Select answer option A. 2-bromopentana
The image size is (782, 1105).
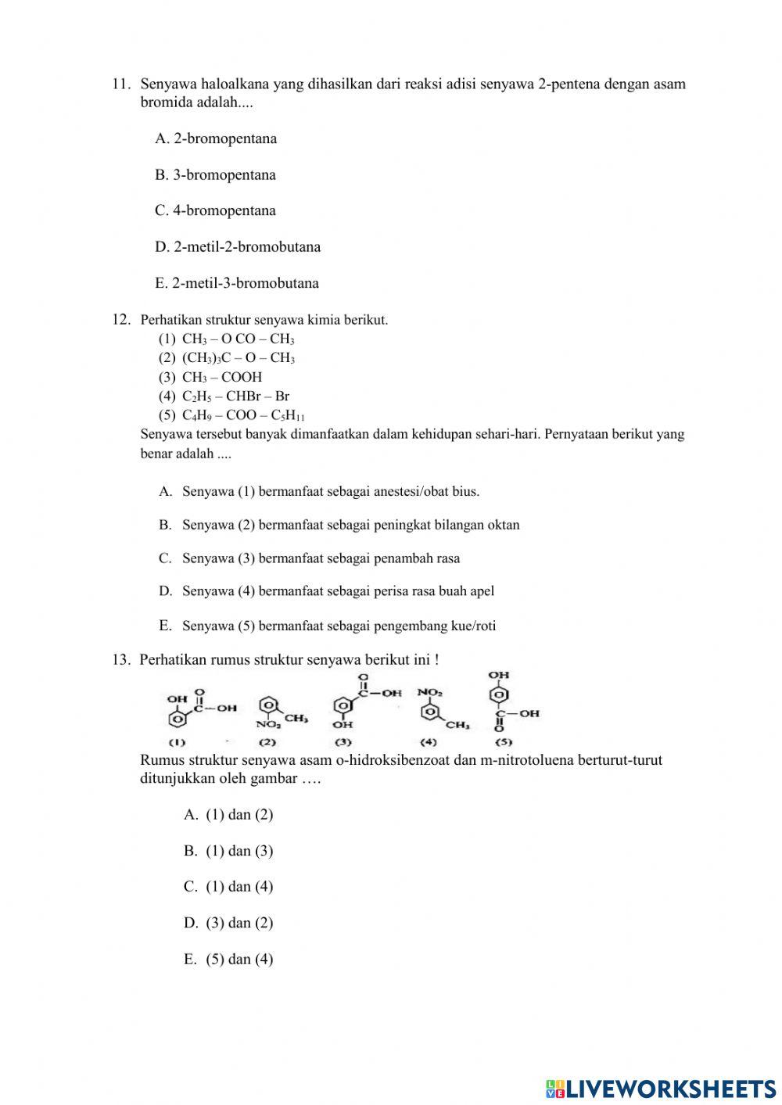click(216, 138)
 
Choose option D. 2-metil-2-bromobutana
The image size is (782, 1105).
click(238, 247)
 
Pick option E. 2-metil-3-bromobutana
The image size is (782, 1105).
click(237, 283)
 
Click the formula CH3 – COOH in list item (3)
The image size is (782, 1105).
click(222, 377)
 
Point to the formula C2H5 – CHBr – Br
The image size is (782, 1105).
click(235, 396)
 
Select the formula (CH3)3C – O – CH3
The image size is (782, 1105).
click(238, 358)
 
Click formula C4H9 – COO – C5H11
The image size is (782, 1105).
click(243, 416)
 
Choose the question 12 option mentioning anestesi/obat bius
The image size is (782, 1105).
click(330, 492)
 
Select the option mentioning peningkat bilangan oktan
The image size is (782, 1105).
click(350, 526)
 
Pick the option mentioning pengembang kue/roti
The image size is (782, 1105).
click(339, 626)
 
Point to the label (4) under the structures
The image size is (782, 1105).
click(429, 741)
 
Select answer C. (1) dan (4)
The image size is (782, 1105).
click(228, 887)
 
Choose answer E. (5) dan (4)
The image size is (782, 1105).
click(228, 960)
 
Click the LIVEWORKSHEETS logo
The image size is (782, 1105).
click(661, 1088)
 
